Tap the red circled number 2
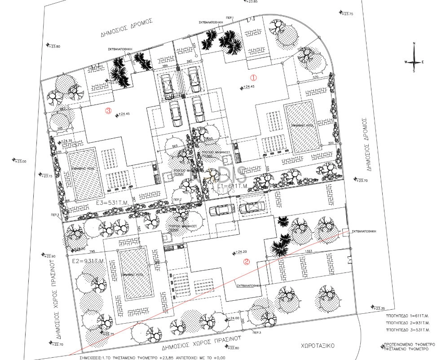click(246, 263)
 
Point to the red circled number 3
click(108, 111)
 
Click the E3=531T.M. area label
click(112, 203)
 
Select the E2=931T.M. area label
click(88, 261)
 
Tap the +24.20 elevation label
click(241, 252)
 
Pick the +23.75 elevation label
click(348, 14)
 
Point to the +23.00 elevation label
click(21, 161)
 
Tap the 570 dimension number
click(315, 77)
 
